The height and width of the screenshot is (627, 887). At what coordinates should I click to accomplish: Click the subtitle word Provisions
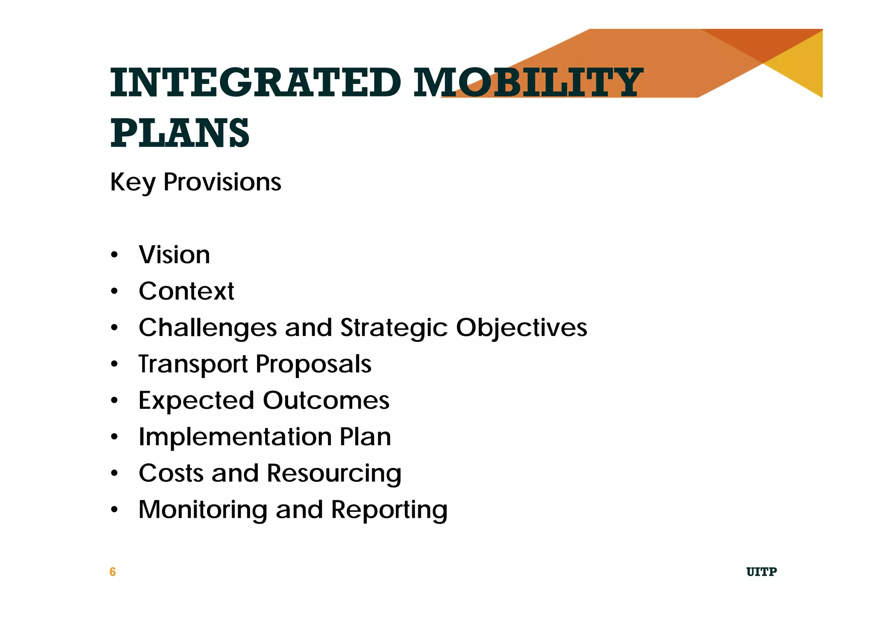pos(222,182)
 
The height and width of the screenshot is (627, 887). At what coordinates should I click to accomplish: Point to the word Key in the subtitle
pos(133,182)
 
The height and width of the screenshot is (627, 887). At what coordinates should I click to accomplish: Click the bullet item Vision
pos(174,255)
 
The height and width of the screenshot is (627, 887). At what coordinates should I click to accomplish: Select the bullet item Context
pos(186,291)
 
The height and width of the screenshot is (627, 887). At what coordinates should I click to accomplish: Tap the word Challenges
pos(207,328)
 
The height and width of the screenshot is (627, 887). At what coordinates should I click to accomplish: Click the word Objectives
pos(521,328)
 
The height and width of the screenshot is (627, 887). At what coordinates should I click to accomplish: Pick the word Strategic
pos(394,328)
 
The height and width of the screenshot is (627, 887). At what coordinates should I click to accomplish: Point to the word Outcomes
pos(326,401)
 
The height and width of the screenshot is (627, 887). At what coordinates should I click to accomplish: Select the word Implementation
pos(235,437)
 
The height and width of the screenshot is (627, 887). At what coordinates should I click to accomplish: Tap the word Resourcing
pos(334,473)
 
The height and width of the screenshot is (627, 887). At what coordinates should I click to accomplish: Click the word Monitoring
pos(203,510)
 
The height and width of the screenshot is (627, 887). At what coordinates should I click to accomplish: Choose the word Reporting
pos(389,510)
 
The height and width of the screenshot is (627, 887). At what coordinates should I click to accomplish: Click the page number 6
pos(113,572)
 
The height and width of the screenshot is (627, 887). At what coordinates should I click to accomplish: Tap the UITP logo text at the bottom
pos(761,572)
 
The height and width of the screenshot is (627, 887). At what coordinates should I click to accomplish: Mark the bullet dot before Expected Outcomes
pos(114,401)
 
